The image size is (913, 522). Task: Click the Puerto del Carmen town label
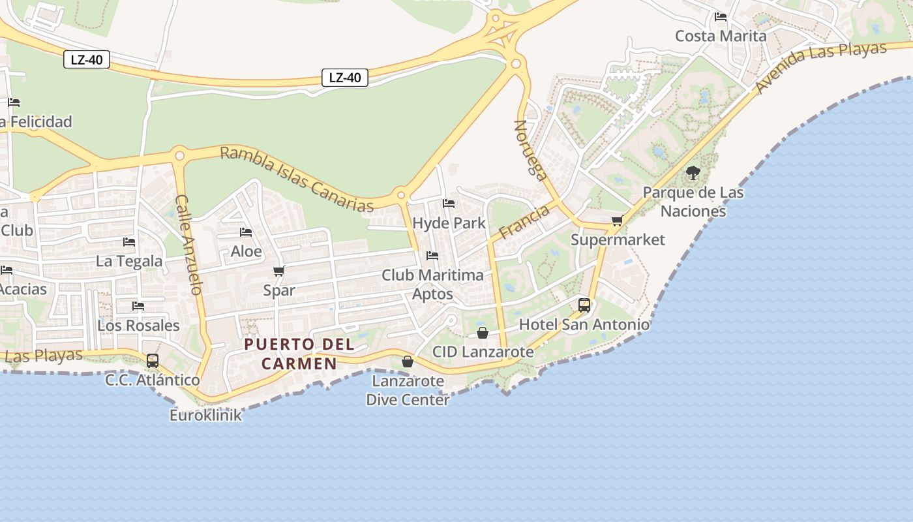(x=299, y=354)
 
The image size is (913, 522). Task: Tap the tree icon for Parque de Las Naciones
(x=693, y=173)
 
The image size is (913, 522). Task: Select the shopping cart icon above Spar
(x=279, y=271)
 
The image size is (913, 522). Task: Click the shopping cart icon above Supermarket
(x=617, y=221)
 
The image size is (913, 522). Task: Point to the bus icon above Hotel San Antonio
(x=584, y=305)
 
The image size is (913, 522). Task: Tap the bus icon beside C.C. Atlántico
(x=152, y=360)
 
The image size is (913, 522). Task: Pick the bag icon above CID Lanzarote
(x=483, y=333)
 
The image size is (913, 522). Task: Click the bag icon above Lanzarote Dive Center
(x=408, y=361)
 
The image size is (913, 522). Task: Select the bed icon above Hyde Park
(x=449, y=204)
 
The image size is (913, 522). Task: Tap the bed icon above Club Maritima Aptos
(x=432, y=255)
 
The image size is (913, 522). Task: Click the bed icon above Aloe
(x=246, y=232)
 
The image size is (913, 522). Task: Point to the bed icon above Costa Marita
(x=721, y=16)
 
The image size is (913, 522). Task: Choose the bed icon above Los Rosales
(x=138, y=305)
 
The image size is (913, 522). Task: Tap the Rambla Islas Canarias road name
(x=297, y=178)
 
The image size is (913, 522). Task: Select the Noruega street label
(x=530, y=149)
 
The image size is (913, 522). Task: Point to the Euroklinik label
(x=205, y=415)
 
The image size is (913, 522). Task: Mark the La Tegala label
(x=129, y=261)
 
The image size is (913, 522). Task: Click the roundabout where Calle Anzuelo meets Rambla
(x=179, y=155)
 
